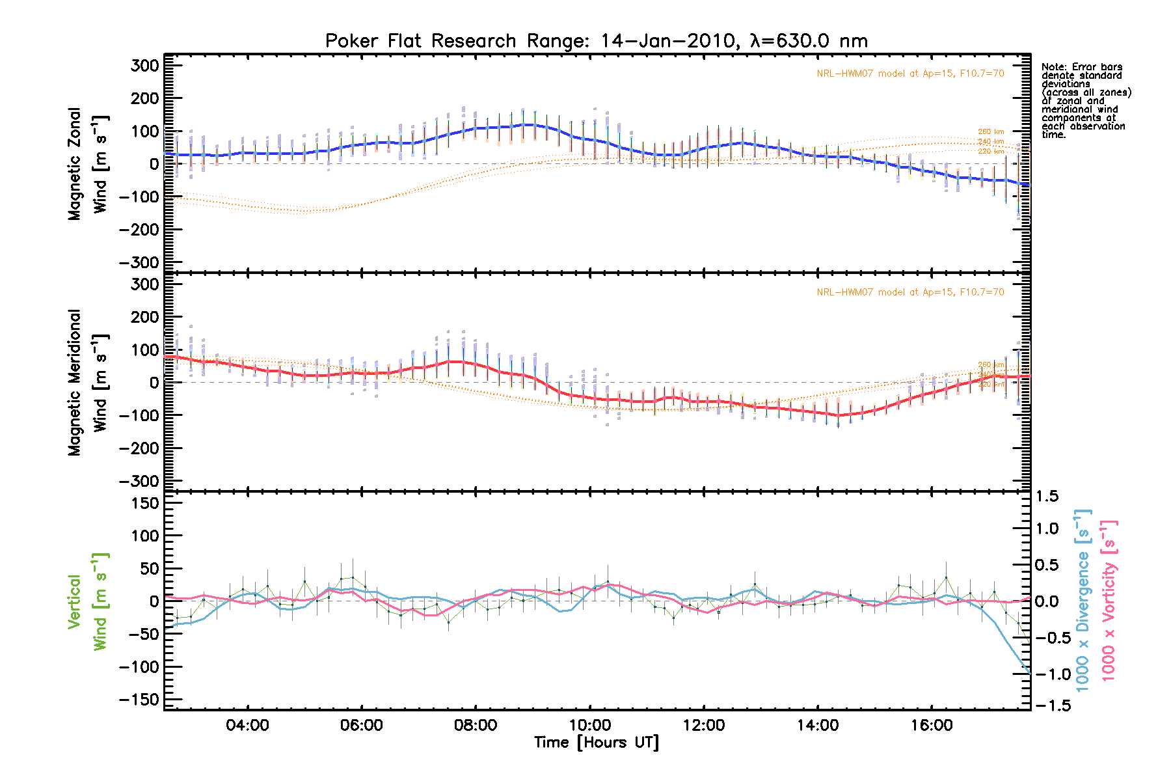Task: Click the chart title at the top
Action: click(596, 41)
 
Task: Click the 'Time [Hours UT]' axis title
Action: click(596, 743)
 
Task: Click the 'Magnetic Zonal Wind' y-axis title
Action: click(88, 164)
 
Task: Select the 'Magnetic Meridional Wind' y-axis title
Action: click(88, 382)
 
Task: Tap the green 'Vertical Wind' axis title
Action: click(88, 601)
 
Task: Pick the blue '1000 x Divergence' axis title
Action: click(1083, 600)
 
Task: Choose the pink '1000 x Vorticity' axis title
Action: click(1108, 600)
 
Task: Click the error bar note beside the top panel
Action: click(1085, 101)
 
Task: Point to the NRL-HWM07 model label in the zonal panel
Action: click(910, 74)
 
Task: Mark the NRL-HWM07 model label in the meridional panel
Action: click(910, 292)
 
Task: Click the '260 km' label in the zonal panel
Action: click(991, 132)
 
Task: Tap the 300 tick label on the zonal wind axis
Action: click(144, 65)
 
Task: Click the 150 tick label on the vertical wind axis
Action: click(144, 503)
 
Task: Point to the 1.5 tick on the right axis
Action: click(1047, 497)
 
